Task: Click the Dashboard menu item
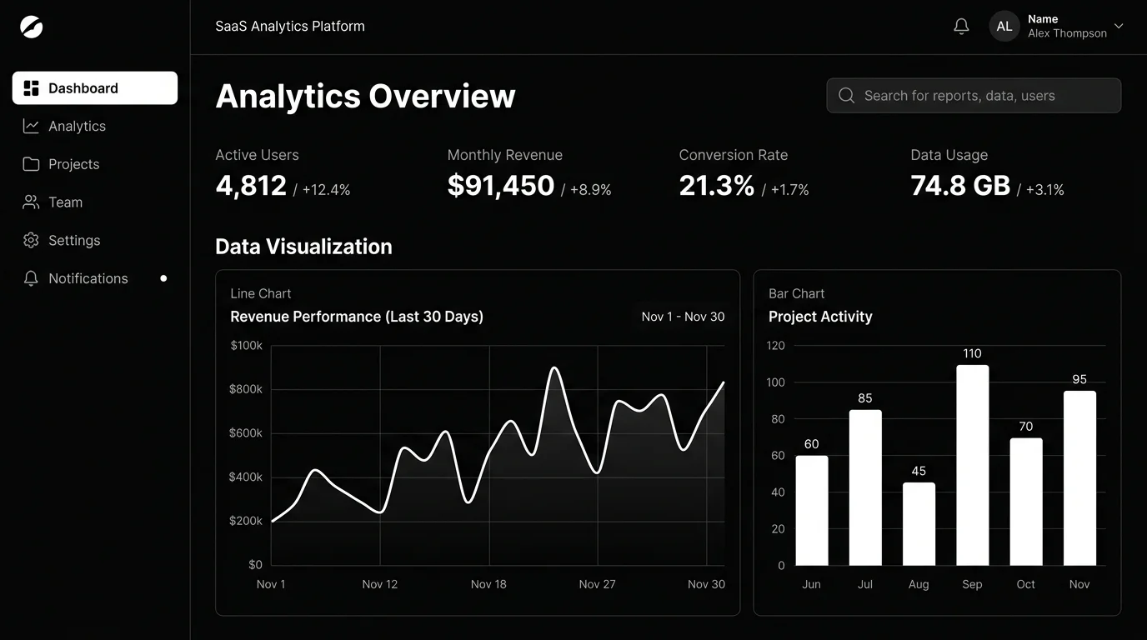click(95, 88)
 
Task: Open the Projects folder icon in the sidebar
click(31, 164)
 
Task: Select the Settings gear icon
click(31, 240)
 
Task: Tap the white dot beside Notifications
click(163, 278)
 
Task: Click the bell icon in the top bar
click(961, 26)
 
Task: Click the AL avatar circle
click(1004, 26)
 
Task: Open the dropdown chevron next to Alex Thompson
click(1119, 26)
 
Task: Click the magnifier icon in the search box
click(846, 95)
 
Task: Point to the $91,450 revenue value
click(501, 185)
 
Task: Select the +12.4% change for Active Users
click(326, 190)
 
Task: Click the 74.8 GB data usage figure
click(960, 185)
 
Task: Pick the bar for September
click(973, 465)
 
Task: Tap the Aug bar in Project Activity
click(919, 524)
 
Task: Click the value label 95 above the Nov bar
click(1079, 379)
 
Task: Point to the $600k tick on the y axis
click(246, 433)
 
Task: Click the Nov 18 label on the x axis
click(488, 584)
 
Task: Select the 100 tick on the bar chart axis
click(775, 382)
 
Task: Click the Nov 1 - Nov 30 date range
click(683, 317)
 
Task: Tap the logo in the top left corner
click(31, 27)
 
